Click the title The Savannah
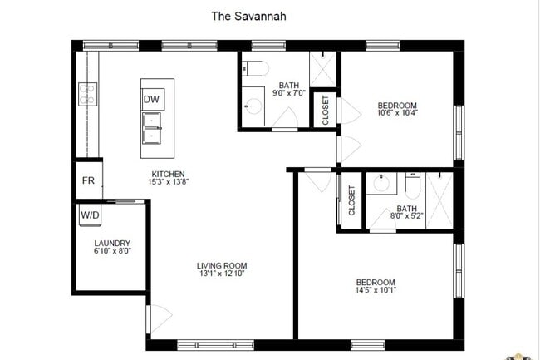point(249,15)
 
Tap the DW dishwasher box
point(151,100)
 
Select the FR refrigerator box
point(88,181)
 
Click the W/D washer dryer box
point(90,215)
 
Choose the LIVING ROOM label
point(222,265)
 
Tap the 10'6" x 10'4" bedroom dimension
point(396,114)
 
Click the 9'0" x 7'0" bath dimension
point(288,94)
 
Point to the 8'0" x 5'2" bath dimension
point(406,216)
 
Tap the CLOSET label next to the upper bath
point(325,109)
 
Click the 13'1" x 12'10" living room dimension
point(222,274)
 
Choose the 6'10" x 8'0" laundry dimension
point(112,251)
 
